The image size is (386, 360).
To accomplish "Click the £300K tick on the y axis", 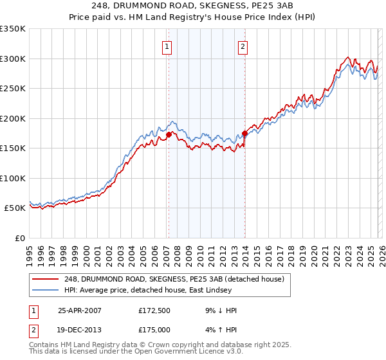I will coord(13,59).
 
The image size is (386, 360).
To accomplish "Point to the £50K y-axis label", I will coord(15,208).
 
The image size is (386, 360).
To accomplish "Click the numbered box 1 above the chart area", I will coord(167,46).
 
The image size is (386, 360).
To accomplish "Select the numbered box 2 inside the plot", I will coord(243,46).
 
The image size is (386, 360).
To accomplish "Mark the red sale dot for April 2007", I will coord(169,135).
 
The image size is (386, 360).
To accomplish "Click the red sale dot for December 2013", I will coord(244,134).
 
